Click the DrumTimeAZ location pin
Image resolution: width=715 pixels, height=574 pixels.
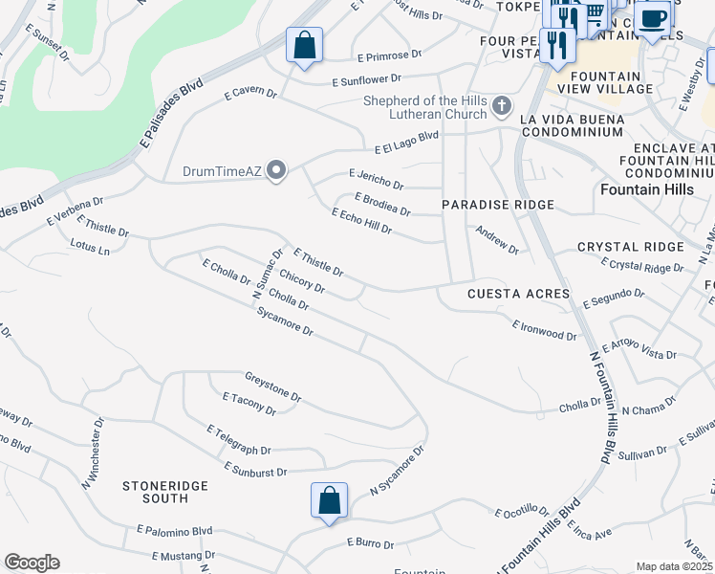coord(277,172)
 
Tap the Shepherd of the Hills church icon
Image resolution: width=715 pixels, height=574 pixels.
coord(501,104)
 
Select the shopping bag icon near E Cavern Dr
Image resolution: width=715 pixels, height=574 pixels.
coord(304,45)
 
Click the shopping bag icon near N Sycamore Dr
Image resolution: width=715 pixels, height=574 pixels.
coord(328,500)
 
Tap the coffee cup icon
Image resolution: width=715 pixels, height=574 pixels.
coord(653,19)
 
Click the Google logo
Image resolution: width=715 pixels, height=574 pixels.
coord(32,563)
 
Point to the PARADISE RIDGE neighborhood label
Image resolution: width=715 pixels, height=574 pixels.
coord(497,206)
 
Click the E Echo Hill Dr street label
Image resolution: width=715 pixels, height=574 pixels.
coord(361,221)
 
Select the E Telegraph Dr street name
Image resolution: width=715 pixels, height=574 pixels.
coord(239,440)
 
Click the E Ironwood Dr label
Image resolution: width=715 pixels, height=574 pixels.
coord(544,330)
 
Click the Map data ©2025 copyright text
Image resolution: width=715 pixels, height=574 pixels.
coord(674,566)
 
